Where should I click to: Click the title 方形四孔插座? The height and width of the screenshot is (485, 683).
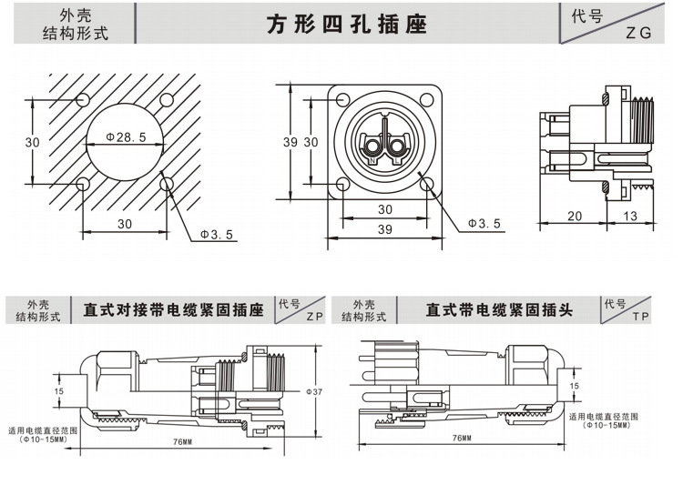[346, 25]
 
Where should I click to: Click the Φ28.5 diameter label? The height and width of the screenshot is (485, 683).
[126, 137]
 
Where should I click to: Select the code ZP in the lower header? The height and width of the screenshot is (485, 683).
[315, 318]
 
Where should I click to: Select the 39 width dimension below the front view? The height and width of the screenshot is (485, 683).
[384, 230]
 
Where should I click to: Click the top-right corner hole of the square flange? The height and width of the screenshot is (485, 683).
[427, 101]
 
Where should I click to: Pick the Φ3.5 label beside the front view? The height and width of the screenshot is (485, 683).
[484, 223]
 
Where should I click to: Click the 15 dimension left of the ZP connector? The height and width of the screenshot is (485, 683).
[58, 391]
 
